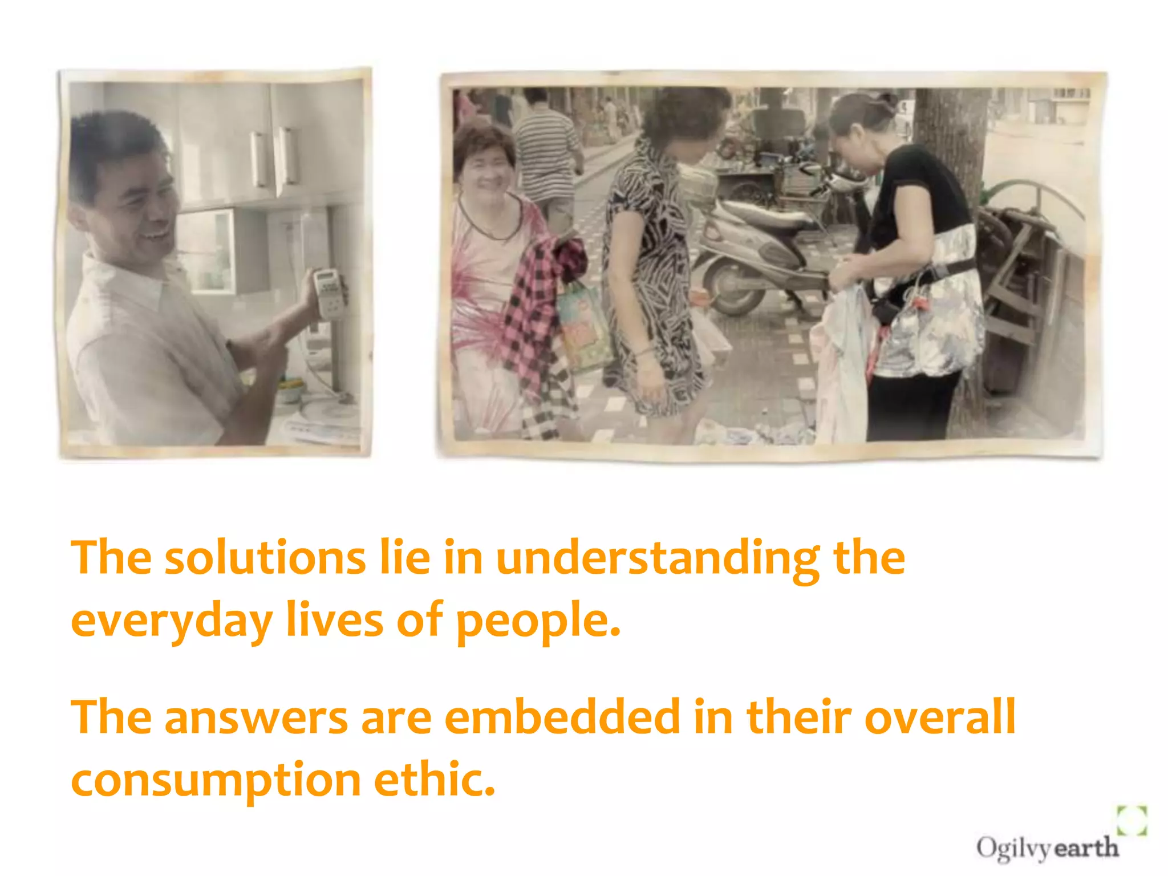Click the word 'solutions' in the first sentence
click(265, 559)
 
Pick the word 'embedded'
click(562, 717)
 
